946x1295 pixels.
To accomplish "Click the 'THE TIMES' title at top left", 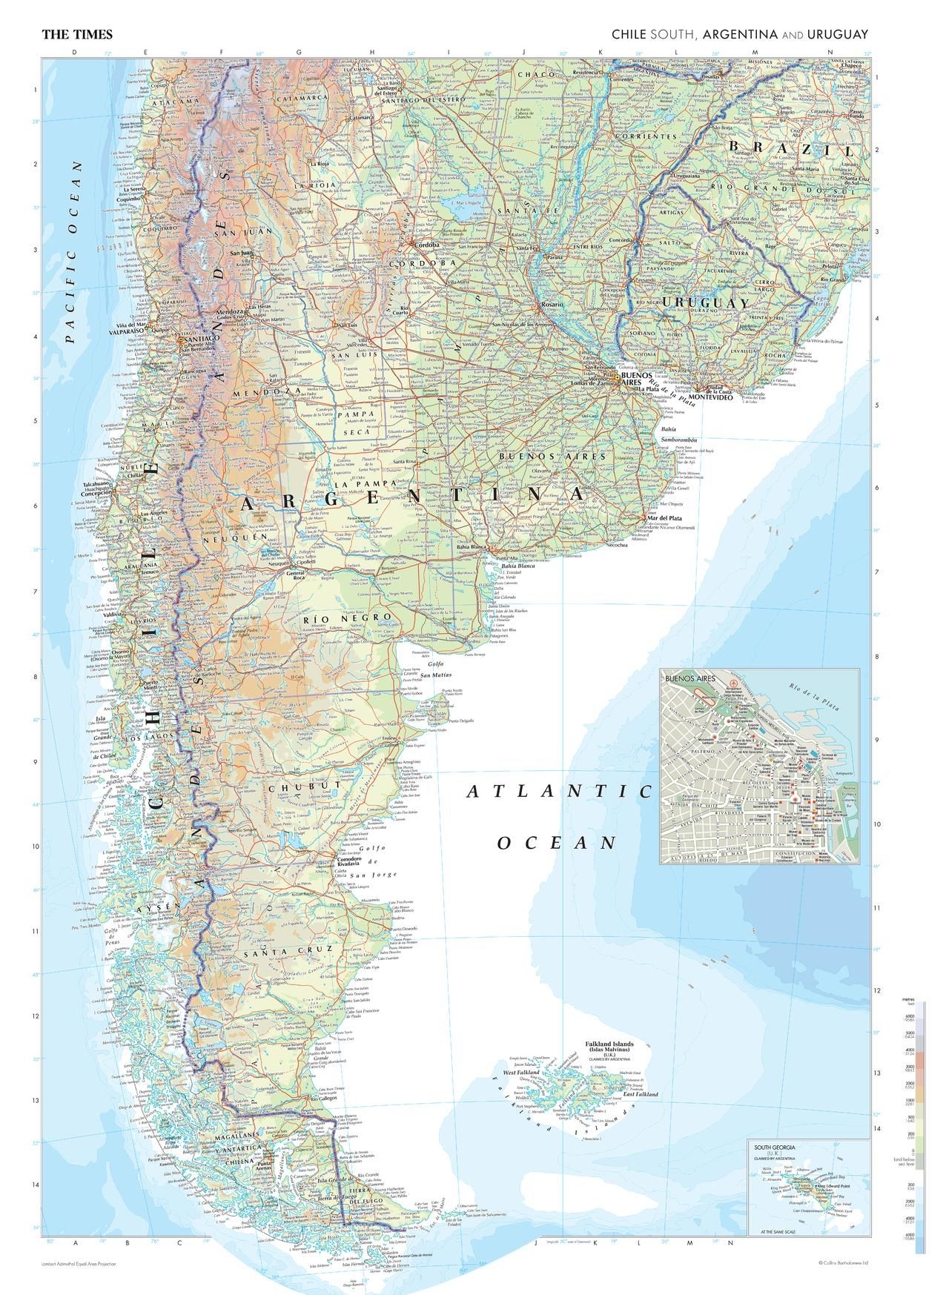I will [x=77, y=34].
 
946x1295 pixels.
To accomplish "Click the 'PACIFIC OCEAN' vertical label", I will [x=71, y=252].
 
